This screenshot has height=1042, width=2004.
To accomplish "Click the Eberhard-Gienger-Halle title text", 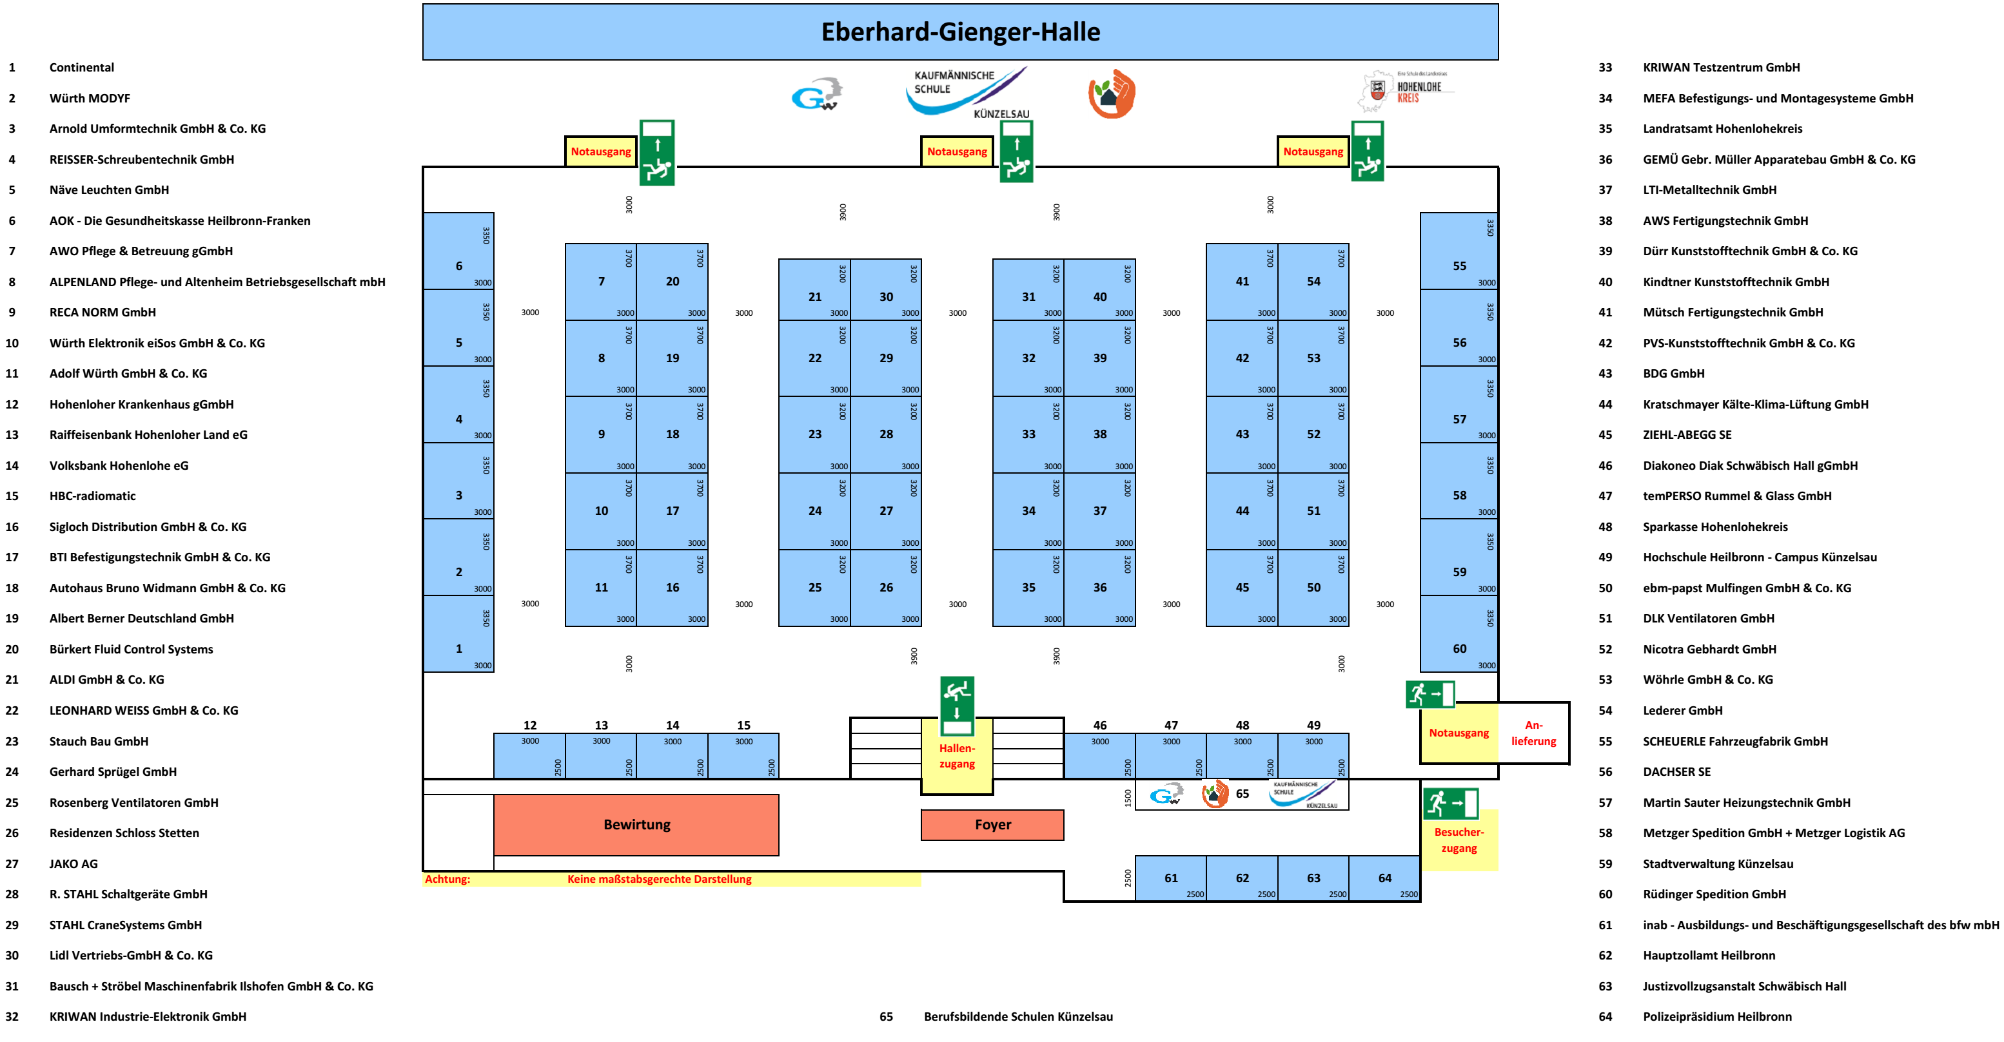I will point(960,32).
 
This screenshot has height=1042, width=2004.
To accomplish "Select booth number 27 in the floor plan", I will point(885,511).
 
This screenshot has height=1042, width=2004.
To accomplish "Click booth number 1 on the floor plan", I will point(458,648).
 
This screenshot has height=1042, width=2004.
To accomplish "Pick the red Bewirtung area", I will point(636,824).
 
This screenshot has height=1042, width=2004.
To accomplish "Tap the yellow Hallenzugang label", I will point(956,756).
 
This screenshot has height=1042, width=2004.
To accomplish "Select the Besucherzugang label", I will point(1459,840).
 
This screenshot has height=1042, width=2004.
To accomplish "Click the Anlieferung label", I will point(1533,733).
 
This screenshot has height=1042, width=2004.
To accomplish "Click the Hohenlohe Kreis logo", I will point(1406,91).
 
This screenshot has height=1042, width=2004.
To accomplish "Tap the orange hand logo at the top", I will point(1112,93).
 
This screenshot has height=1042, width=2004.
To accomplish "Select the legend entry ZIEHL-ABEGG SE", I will point(1687,435).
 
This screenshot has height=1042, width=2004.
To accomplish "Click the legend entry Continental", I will point(82,68).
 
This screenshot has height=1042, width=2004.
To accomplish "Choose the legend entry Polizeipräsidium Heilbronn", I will point(1716,1016).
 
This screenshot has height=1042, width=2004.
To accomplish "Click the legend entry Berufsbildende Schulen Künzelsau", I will point(1017,1016).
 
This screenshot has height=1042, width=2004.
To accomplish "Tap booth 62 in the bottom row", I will point(1242,878).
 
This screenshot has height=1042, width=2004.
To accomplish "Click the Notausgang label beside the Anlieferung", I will point(1458,733).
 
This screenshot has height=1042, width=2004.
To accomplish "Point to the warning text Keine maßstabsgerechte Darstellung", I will point(659,879).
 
